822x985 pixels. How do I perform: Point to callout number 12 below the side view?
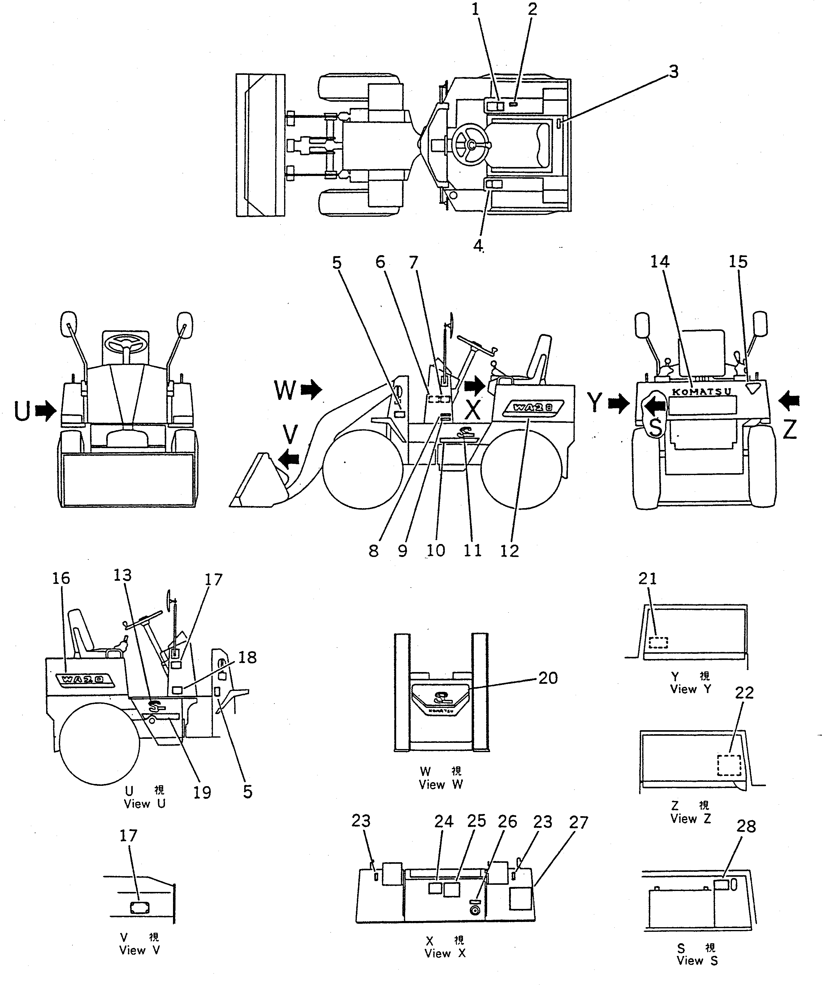point(509,551)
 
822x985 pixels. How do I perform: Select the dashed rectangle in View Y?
point(658,642)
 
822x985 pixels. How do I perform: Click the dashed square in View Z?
point(729,765)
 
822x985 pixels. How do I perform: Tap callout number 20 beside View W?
point(548,678)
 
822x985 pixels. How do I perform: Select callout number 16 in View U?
point(61,578)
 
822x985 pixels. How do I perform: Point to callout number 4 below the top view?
point(478,245)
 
